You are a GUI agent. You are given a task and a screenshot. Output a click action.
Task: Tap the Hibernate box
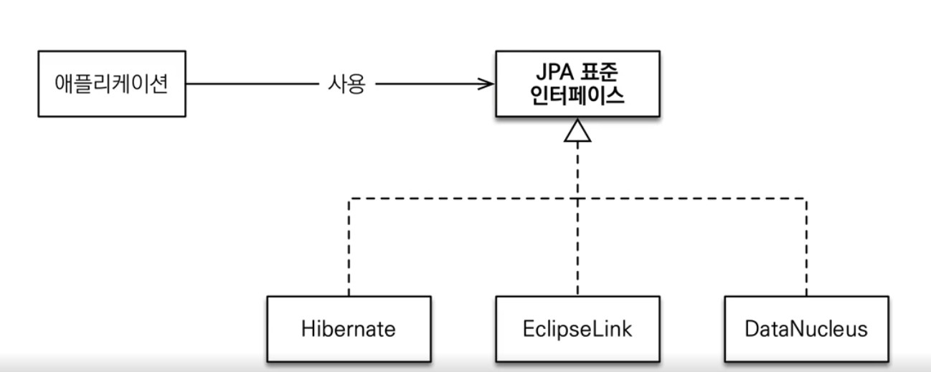(x=349, y=329)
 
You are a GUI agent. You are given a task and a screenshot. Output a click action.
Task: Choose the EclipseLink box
(x=578, y=329)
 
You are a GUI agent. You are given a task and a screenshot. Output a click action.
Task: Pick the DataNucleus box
(x=806, y=329)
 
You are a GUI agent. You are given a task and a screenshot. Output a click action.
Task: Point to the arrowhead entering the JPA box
(x=488, y=85)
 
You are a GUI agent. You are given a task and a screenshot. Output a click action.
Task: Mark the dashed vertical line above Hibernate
(x=349, y=247)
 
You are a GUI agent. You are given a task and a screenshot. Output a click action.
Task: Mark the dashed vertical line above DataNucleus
(x=806, y=247)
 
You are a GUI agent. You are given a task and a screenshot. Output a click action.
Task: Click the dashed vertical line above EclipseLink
(x=578, y=247)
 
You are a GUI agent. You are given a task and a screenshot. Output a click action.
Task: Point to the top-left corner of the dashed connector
(x=349, y=199)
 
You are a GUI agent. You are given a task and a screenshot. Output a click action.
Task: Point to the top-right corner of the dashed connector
(x=806, y=199)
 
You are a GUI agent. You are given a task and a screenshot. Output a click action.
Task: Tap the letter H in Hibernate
(x=307, y=329)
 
